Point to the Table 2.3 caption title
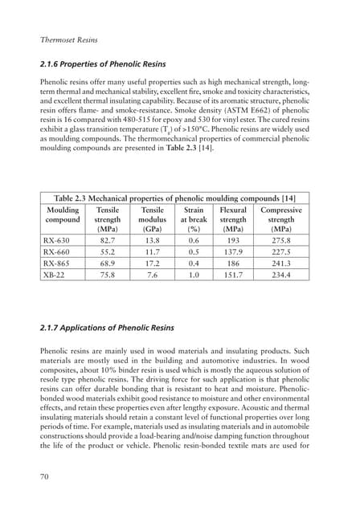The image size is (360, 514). click(x=180, y=198)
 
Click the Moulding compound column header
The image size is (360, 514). click(x=63, y=219)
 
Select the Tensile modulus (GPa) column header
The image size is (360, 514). click(x=152, y=219)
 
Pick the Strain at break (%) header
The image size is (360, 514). click(x=193, y=219)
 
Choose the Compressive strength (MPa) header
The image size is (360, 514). click(x=280, y=219)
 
